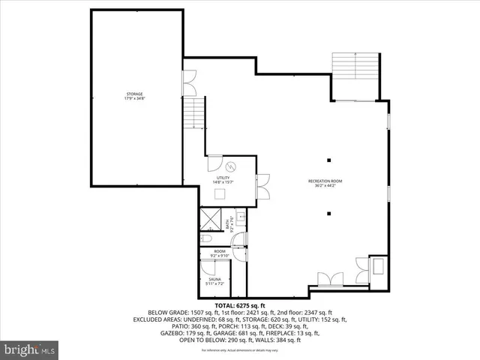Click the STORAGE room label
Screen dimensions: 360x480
[x=134, y=96]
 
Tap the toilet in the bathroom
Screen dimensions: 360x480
[x=206, y=238]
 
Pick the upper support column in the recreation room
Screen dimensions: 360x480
[x=328, y=159]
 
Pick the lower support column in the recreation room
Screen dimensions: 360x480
[x=328, y=214]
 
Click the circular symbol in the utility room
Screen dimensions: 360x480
[x=231, y=166]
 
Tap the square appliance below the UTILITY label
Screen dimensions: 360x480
[x=220, y=193]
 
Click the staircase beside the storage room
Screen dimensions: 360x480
[x=194, y=115]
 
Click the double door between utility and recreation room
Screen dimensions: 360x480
[x=262, y=185]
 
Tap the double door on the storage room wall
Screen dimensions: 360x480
[x=188, y=83]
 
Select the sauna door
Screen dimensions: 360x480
[x=207, y=268]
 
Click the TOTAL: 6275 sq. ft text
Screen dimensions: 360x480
[x=240, y=306]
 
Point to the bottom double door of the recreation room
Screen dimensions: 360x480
[x=327, y=280]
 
